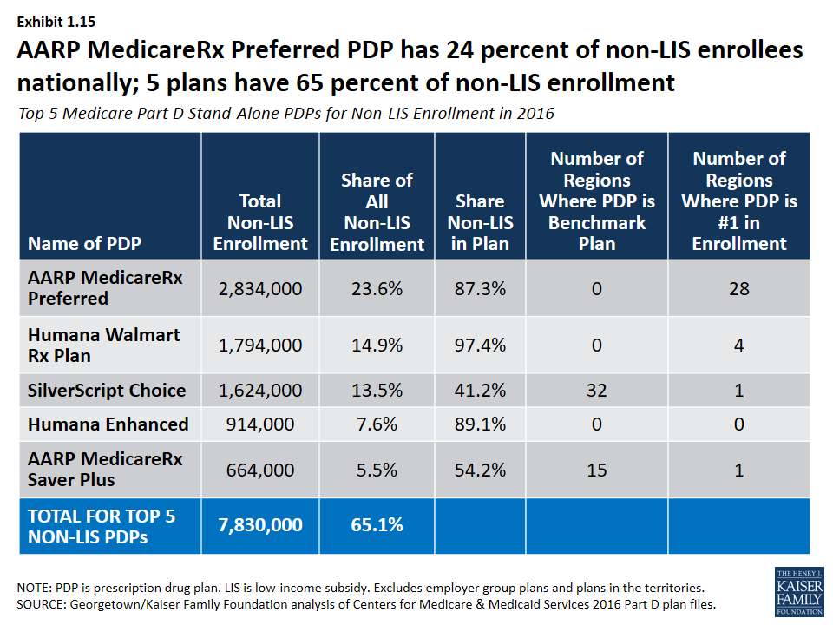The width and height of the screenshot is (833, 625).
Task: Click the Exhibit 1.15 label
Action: (x=56, y=22)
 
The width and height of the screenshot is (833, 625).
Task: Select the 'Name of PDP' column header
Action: (x=84, y=243)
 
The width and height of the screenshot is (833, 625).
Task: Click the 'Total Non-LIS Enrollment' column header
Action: (x=260, y=222)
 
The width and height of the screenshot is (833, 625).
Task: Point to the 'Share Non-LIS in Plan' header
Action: (x=480, y=222)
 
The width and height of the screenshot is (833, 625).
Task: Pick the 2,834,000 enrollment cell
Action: (x=260, y=288)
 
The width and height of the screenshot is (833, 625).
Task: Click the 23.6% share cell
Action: (x=377, y=288)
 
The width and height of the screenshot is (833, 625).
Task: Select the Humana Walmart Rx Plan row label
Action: (x=103, y=345)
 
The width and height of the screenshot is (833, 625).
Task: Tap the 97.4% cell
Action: (x=480, y=345)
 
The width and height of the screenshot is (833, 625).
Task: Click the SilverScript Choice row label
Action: (x=107, y=390)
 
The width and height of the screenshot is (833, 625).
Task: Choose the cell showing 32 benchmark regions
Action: (x=597, y=390)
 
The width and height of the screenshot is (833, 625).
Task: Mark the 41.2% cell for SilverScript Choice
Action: (x=480, y=390)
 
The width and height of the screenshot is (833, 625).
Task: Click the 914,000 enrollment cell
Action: (x=260, y=424)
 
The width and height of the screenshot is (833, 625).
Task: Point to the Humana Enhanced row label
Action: (x=108, y=424)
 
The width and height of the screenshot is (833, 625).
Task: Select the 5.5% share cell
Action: (x=377, y=470)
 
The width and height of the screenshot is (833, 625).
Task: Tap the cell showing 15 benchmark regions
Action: (x=597, y=470)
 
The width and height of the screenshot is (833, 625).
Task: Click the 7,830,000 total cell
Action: (x=260, y=525)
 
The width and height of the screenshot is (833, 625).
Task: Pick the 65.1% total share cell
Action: (x=377, y=525)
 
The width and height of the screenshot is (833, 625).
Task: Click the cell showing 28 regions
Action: (x=739, y=288)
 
